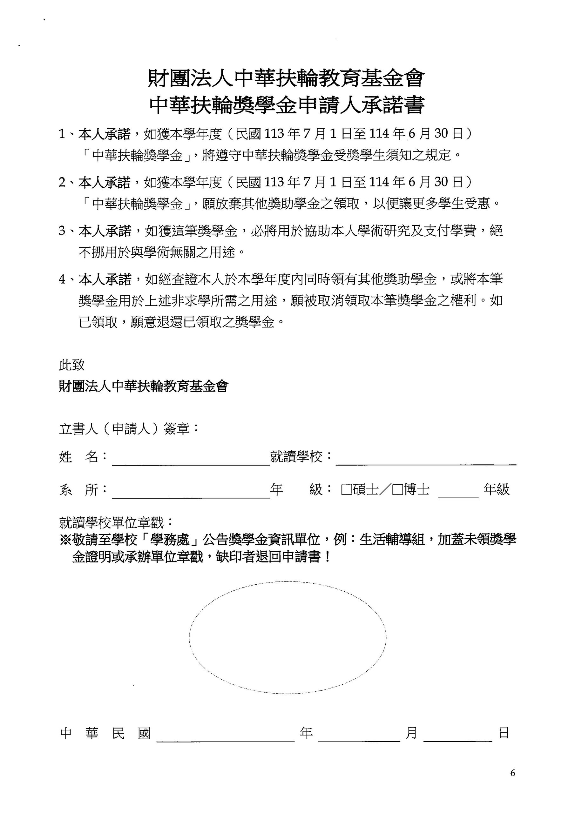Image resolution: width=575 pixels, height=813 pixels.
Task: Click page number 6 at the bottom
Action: (513, 773)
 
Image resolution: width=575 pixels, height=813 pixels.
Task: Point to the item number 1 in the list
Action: (62, 134)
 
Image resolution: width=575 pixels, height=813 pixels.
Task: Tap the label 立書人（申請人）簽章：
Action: (129, 429)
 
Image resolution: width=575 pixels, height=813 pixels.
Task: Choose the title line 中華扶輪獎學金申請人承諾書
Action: (287, 105)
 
